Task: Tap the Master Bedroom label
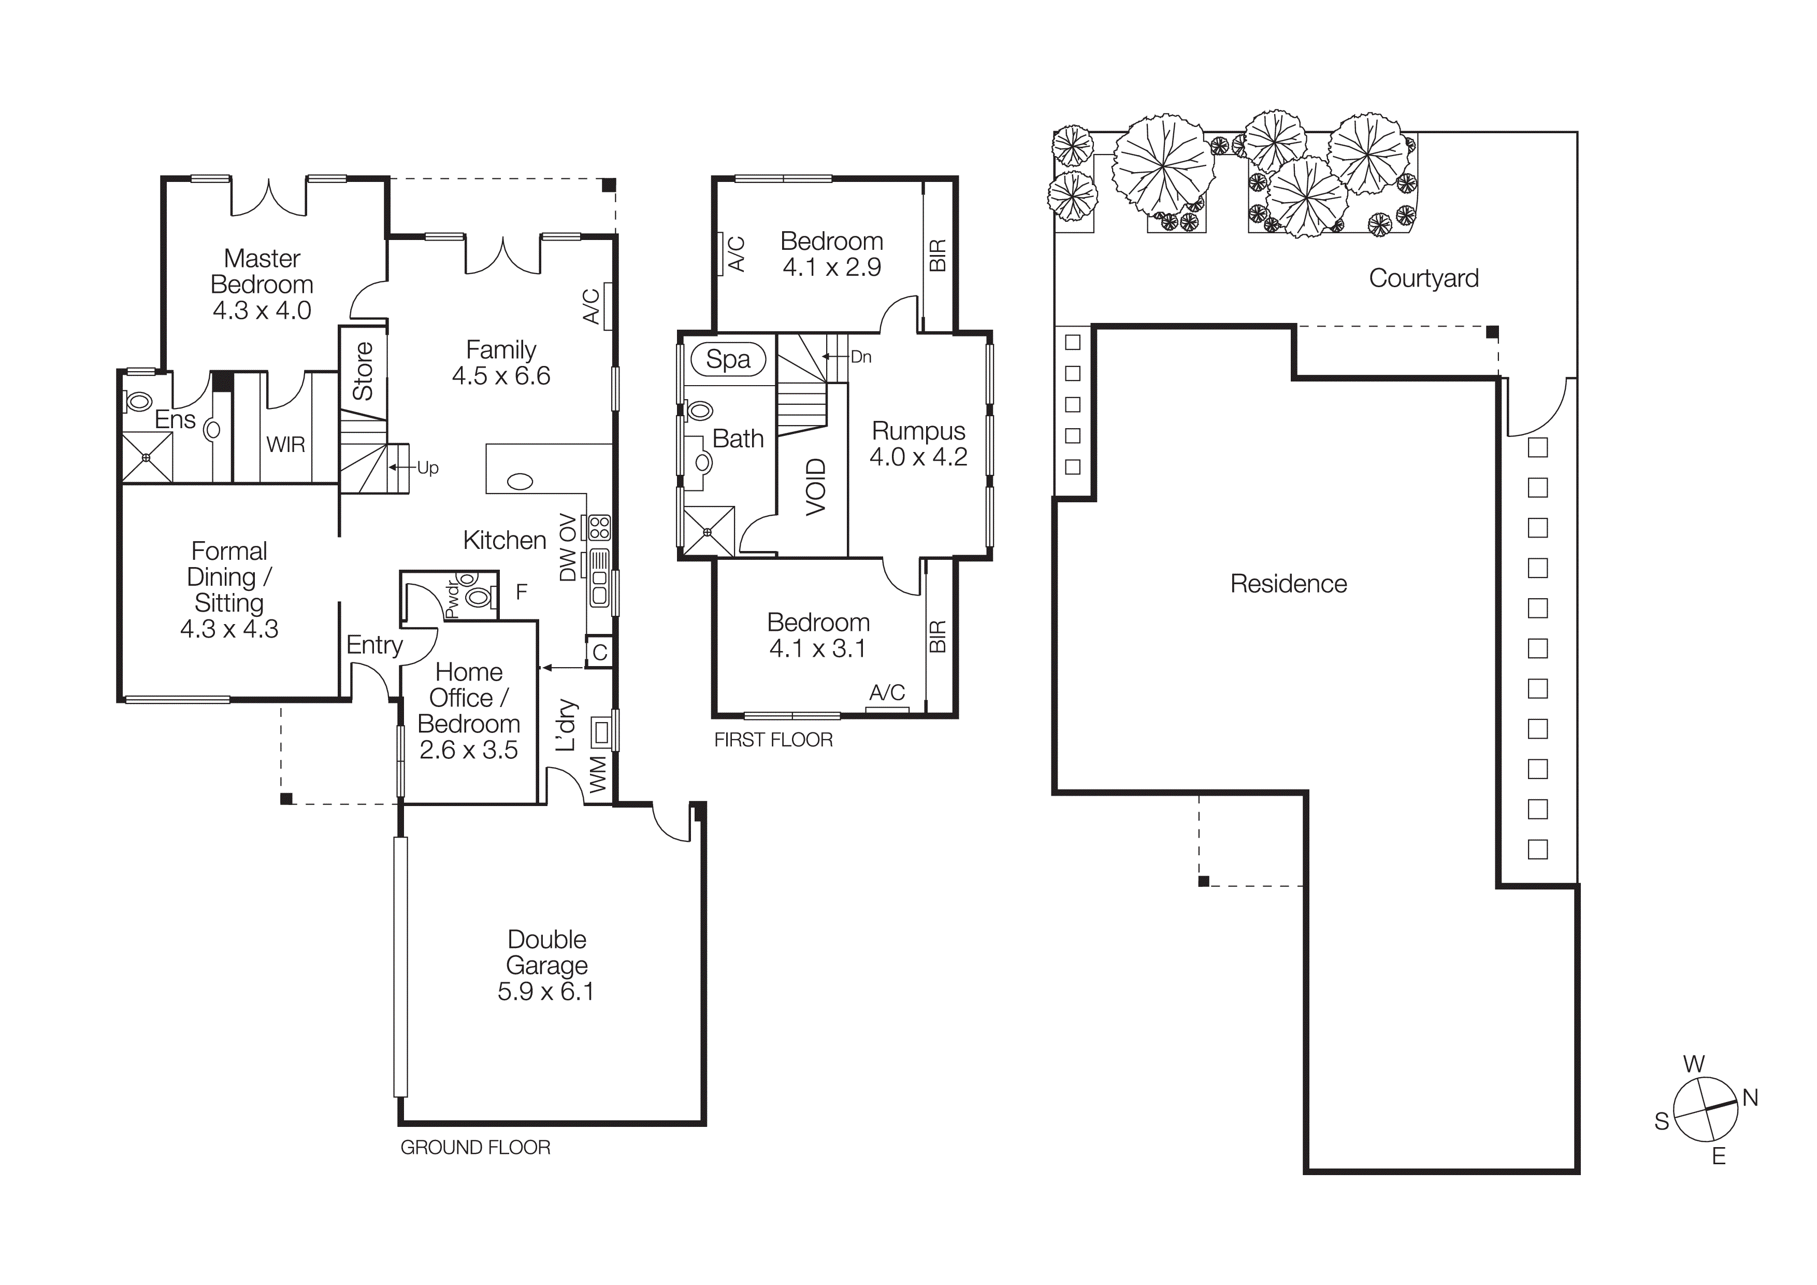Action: pos(262,272)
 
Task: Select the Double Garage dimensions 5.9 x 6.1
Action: pos(545,991)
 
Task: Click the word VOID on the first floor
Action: pos(816,487)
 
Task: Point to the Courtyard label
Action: pos(1423,278)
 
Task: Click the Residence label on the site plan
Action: pos(1288,584)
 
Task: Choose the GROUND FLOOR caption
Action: pos(475,1147)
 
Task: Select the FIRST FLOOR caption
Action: pos(773,740)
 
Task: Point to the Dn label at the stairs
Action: pos(861,357)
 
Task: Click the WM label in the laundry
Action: pos(598,774)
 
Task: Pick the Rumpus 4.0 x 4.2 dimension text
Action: pos(918,457)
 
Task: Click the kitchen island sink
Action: pos(520,481)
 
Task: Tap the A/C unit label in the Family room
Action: pos(591,306)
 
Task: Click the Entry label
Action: pos(374,644)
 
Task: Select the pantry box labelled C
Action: pos(600,652)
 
